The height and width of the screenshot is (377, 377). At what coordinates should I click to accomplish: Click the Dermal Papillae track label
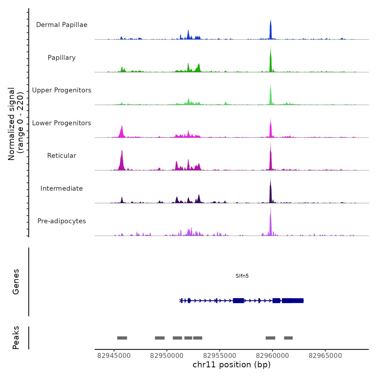pos(62,25)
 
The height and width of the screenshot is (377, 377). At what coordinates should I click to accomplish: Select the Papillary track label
pos(62,58)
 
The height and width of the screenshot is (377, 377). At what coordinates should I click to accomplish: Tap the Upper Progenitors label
pos(62,90)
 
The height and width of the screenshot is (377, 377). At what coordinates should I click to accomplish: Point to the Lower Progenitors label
pos(62,123)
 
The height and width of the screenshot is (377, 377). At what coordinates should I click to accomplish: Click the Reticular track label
pos(62,156)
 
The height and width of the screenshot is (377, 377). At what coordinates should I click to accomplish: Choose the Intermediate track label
pos(62,188)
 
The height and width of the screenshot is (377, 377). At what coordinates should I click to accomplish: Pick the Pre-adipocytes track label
pos(62,221)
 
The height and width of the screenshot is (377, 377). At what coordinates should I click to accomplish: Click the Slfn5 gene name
pos(242,276)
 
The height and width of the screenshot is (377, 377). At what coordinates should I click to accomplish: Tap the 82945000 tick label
pos(114,356)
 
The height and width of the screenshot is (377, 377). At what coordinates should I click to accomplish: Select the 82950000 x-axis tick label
pos(167,356)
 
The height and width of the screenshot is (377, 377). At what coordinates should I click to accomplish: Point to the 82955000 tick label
pos(219,356)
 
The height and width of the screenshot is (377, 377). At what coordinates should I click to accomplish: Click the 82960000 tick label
pos(272,356)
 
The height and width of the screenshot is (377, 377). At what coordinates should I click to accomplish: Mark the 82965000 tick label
pos(325,356)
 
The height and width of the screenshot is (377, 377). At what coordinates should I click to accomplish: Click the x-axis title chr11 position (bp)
pos(232,365)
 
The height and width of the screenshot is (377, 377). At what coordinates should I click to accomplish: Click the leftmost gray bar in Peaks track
pos(122,338)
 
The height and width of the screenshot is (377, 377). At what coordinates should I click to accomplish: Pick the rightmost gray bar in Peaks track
pos(288,338)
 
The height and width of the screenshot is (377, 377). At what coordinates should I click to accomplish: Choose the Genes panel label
pos(16,282)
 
